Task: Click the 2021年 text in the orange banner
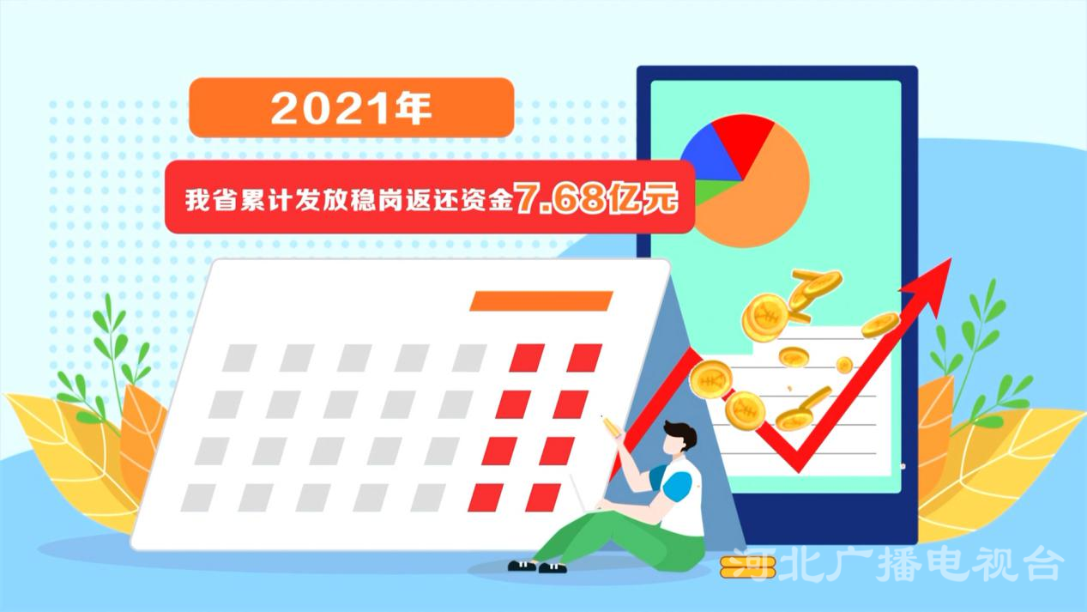[x=351, y=108]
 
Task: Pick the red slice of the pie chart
[x=741, y=138]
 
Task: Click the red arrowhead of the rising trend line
[x=929, y=284]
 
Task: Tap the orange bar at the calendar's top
[x=541, y=300]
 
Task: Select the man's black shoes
[x=537, y=567]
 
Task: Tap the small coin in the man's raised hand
[x=612, y=427]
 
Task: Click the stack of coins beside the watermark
[x=747, y=567]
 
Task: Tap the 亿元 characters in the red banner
[x=644, y=197]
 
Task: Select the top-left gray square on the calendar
[x=239, y=358]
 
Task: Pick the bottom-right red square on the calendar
[x=543, y=498]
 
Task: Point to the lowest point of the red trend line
[x=798, y=470]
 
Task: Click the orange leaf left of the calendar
[x=141, y=437]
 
